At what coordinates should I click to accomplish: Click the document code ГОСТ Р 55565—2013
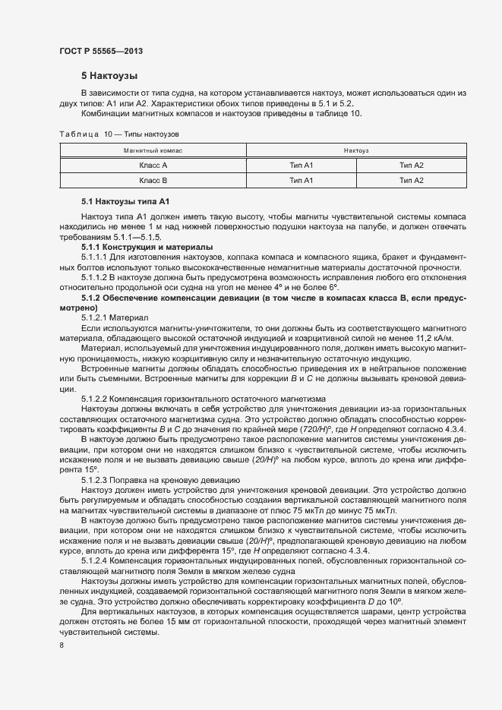[x=101, y=51]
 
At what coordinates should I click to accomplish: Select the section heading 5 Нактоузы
[x=109, y=76]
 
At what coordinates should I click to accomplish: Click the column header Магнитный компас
[x=153, y=150]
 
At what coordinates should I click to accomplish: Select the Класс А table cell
[x=153, y=165]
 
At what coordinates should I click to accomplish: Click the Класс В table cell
[x=153, y=180]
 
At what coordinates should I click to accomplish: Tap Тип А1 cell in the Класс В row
[x=302, y=180]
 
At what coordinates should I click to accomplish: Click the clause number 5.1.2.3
[x=96, y=479]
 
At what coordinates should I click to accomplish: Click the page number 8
[x=62, y=645]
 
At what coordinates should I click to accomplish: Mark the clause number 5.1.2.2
[x=96, y=398]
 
